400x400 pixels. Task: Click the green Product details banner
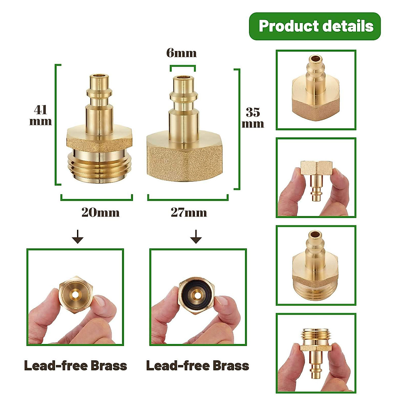(315, 26)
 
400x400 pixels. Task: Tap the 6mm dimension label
(181, 53)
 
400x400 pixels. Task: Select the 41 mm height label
(41, 115)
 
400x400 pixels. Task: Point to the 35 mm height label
(253, 117)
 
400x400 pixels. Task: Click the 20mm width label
(100, 212)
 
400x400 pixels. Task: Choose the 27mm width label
(189, 212)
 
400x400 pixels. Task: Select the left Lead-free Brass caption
(76, 366)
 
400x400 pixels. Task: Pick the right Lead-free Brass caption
(198, 366)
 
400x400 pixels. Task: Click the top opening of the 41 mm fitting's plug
(99, 77)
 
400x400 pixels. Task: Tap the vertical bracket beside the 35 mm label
(238, 129)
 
